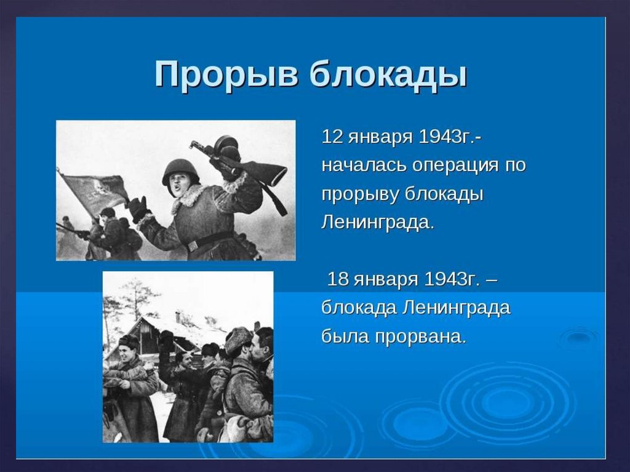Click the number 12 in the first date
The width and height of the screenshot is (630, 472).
point(333,137)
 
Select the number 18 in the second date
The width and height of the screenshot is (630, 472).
point(338,279)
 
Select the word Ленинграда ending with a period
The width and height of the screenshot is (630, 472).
point(378,223)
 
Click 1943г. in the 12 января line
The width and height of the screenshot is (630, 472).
point(450,137)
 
